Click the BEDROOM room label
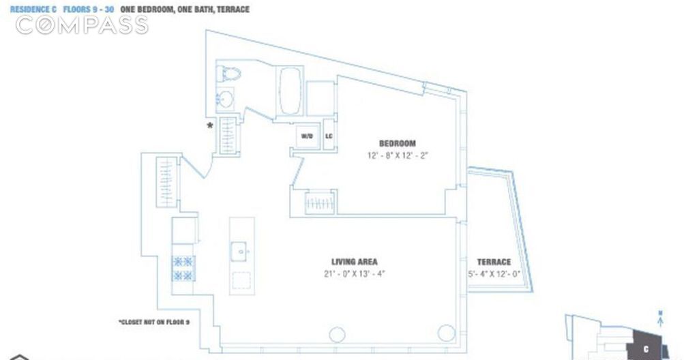pos(398,143)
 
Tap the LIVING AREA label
pos(354,262)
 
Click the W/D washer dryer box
pos(307,136)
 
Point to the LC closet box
pos(328,136)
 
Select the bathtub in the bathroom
pos(288,91)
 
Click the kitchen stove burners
pos(183,268)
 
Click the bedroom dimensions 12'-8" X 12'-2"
pos(398,155)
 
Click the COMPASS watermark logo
pos(81,25)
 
